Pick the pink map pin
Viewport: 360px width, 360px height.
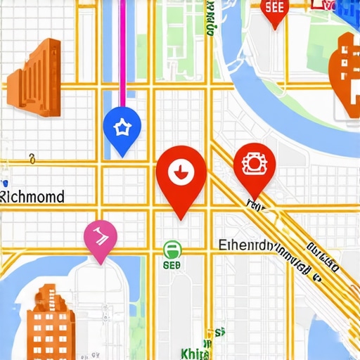tap(100, 240)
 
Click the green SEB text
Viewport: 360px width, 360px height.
tap(172, 266)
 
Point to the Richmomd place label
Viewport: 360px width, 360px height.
tap(32, 196)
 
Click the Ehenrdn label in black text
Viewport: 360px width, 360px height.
tap(245, 246)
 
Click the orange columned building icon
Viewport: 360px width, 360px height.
tap(34, 77)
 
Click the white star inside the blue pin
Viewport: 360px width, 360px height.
tap(122, 127)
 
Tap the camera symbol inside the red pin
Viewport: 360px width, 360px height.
tap(251, 163)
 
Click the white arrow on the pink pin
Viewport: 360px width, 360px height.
tap(100, 233)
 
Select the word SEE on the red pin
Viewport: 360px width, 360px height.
tap(274, 7)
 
